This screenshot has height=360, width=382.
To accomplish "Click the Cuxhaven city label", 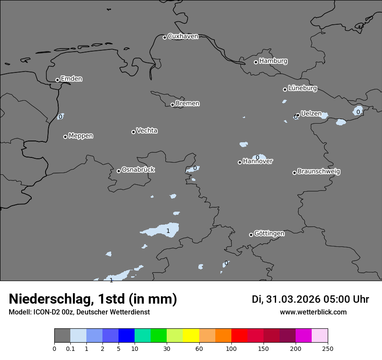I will point(183,36).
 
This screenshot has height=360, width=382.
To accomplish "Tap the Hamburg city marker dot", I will point(256,62).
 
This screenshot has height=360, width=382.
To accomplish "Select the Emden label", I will point(71,79).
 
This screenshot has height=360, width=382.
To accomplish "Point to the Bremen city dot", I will point(172,105).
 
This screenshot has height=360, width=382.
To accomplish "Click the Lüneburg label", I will point(302,88).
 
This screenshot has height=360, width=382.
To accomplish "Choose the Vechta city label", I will point(147,131).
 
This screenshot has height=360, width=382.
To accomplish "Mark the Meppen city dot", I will point(65,137).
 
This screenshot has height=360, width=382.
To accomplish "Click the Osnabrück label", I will point(138,170).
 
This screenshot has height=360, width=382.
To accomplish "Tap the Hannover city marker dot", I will point(240,162).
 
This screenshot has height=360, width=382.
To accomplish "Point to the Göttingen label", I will point(269,233).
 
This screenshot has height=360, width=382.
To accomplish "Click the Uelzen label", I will point(311,114).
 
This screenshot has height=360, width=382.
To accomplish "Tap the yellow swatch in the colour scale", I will point(191,336).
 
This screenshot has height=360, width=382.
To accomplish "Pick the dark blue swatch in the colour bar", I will point(126,336).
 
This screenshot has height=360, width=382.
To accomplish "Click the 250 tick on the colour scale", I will point(328,348).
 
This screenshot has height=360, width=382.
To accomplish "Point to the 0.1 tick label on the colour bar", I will point(70,348).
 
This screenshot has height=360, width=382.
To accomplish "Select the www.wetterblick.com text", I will point(313,312).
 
